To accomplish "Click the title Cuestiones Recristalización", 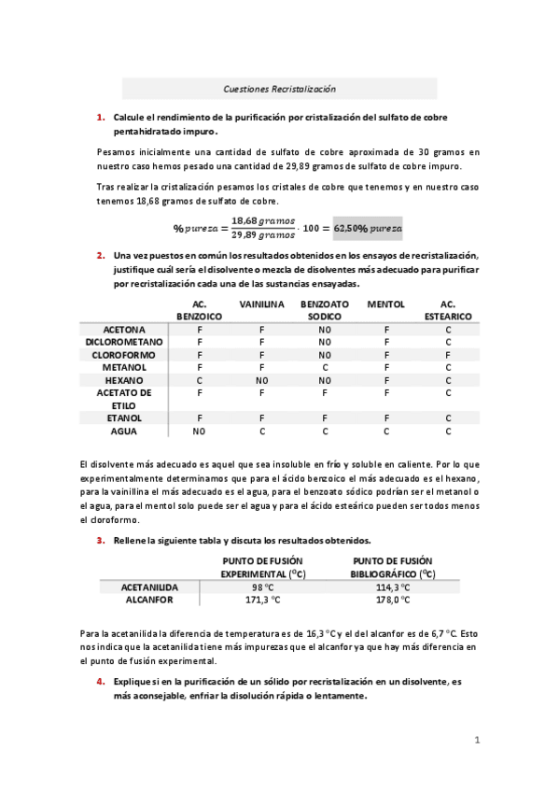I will pyautogui.click(x=279, y=89).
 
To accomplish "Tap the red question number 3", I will pyautogui.click(x=101, y=541).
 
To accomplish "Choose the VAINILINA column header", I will pyautogui.click(x=262, y=304).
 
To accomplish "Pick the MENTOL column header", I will pyautogui.click(x=385, y=304).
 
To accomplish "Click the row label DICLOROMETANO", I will pyautogui.click(x=124, y=343).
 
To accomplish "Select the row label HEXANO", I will pyautogui.click(x=124, y=380).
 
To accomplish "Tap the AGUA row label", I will pyautogui.click(x=124, y=431).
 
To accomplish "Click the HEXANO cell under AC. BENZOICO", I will pyautogui.click(x=199, y=380).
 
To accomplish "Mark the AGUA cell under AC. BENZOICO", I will pyautogui.click(x=199, y=431).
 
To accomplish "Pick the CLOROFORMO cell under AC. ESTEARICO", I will pyautogui.click(x=448, y=355).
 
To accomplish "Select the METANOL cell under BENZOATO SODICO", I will pyautogui.click(x=325, y=368).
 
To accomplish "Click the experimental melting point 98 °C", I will pyautogui.click(x=262, y=587).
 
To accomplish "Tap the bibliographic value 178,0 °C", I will pyautogui.click(x=392, y=600).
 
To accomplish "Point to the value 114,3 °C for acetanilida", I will pyautogui.click(x=392, y=587).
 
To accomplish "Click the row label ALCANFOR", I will pyautogui.click(x=149, y=600).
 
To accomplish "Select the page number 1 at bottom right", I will pyautogui.click(x=476, y=741).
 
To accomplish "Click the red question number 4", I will pyautogui.click(x=101, y=682).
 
